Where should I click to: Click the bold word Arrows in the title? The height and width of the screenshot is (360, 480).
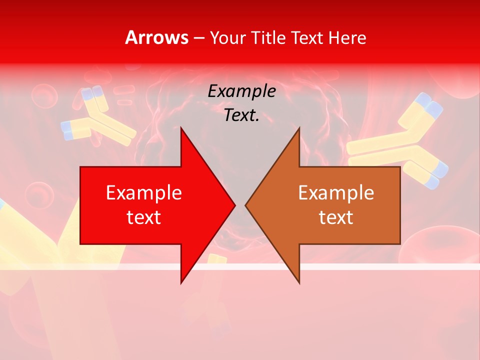[157, 37]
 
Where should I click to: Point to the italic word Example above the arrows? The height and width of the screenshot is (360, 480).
[241, 91]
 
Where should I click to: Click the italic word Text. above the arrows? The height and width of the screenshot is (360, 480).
[241, 115]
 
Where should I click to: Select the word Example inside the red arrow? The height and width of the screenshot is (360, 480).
[144, 193]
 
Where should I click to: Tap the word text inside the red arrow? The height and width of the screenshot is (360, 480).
[144, 217]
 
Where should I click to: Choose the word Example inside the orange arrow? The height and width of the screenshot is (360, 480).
[336, 193]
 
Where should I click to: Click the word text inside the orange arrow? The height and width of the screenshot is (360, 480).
[336, 217]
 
